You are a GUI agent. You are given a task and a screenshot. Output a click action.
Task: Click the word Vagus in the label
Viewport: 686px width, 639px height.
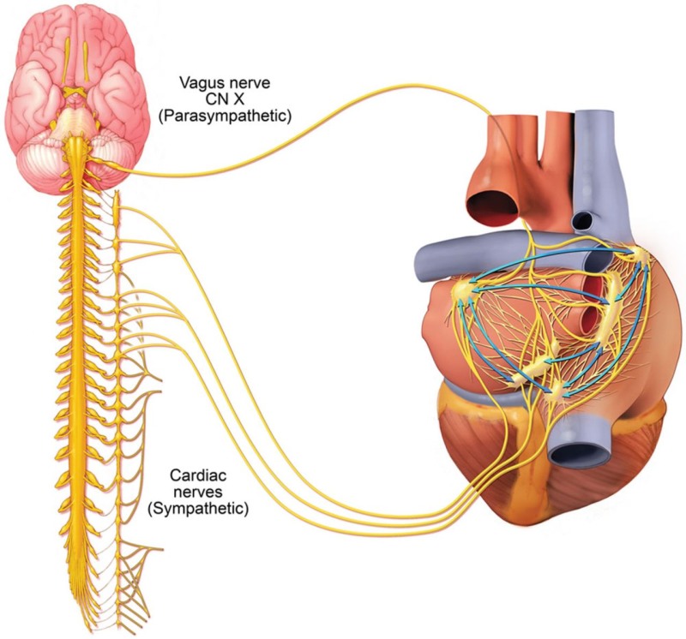[199, 83]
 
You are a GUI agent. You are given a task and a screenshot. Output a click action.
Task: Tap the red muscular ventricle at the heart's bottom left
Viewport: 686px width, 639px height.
[463, 445]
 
